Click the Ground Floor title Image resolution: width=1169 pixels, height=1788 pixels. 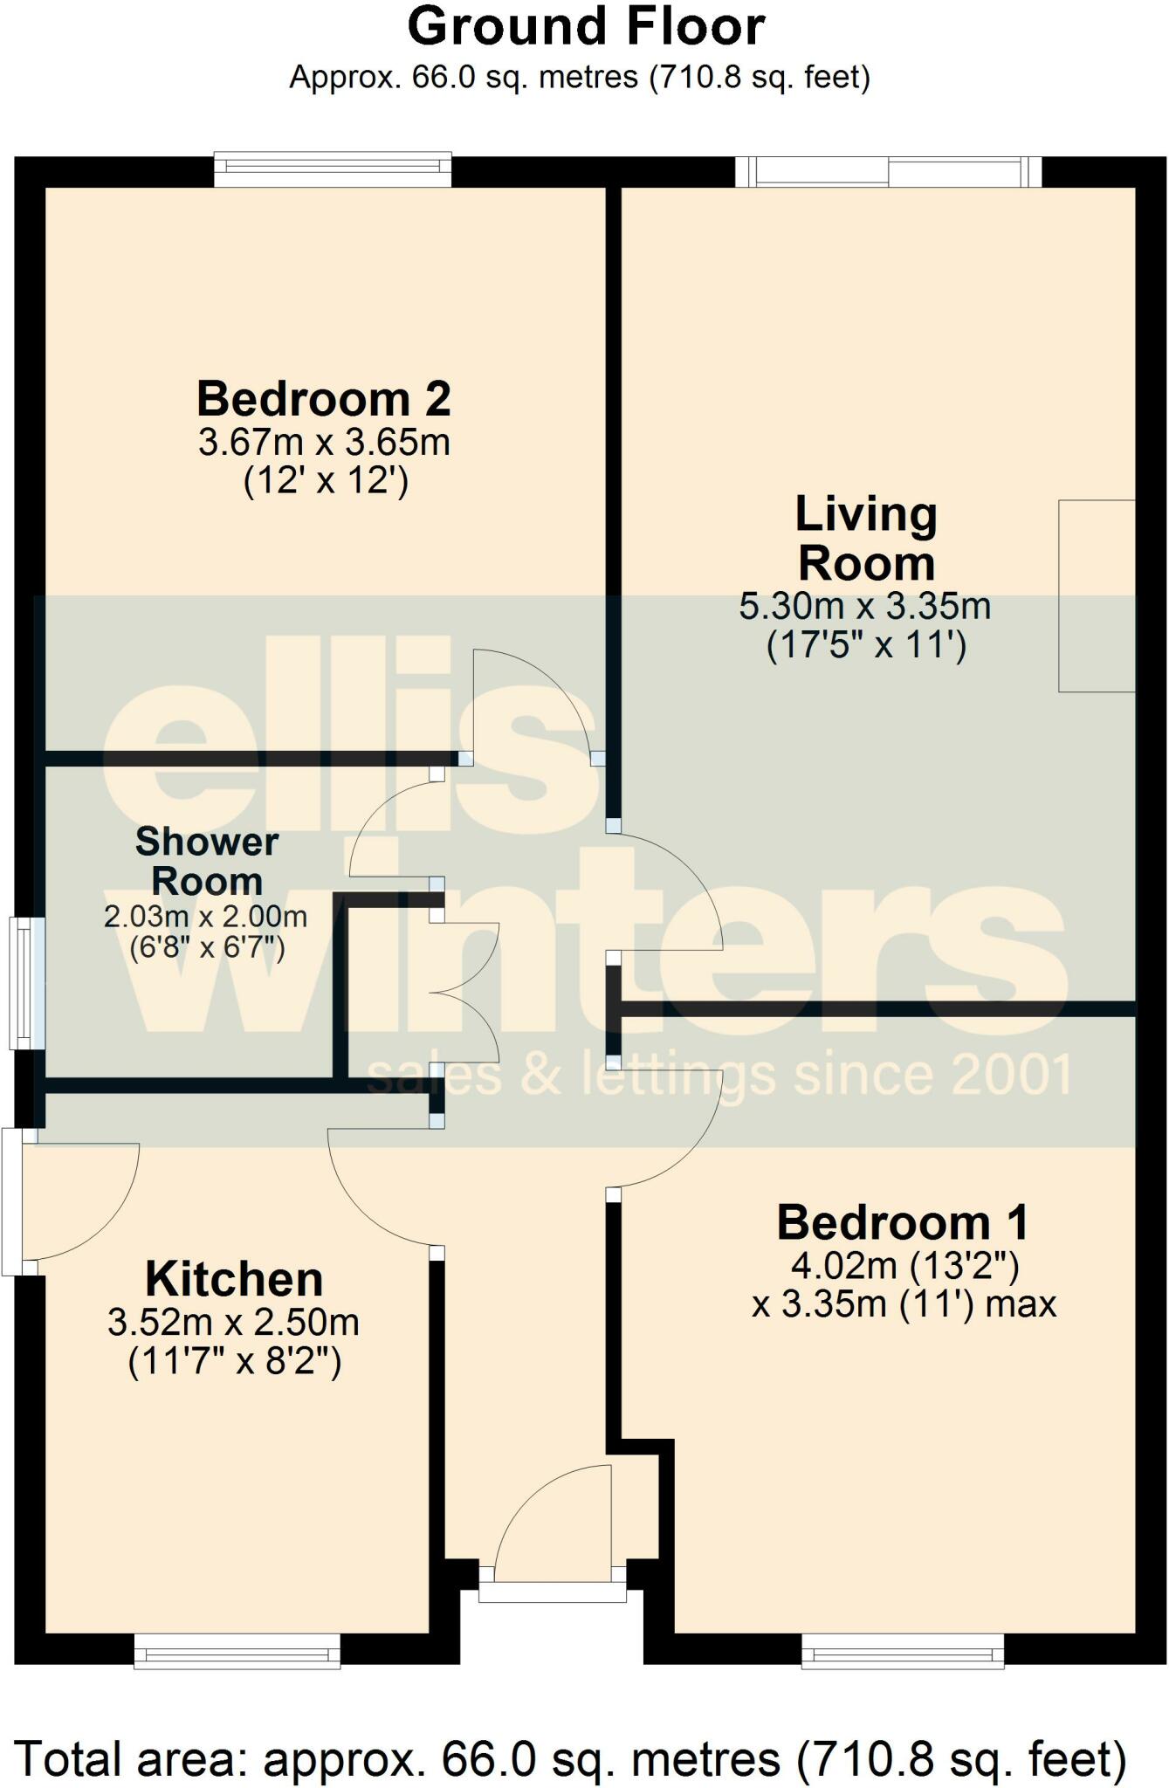click(x=586, y=27)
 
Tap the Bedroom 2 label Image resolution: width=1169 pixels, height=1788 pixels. click(x=324, y=399)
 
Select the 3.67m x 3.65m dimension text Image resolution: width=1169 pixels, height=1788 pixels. click(x=324, y=443)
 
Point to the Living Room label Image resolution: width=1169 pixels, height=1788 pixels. click(x=866, y=539)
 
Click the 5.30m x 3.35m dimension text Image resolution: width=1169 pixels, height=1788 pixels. click(x=865, y=606)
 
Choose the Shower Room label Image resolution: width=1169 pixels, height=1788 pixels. click(x=207, y=862)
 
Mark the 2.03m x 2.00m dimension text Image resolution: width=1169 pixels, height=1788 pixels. click(x=206, y=917)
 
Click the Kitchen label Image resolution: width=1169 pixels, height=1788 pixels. click(x=234, y=1280)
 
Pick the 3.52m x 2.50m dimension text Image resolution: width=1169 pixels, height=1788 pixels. click(x=234, y=1323)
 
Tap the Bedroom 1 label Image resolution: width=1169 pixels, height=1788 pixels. click(x=903, y=1222)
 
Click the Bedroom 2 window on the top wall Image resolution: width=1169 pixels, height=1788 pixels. click(x=333, y=169)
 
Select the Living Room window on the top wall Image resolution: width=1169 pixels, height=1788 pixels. click(x=889, y=171)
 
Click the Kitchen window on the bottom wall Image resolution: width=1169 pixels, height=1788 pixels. click(x=237, y=1652)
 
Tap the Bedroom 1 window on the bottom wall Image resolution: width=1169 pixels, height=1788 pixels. click(x=903, y=1652)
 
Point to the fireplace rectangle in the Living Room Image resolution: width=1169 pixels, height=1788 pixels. click(x=1097, y=595)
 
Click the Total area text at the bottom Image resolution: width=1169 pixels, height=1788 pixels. click(x=572, y=1758)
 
